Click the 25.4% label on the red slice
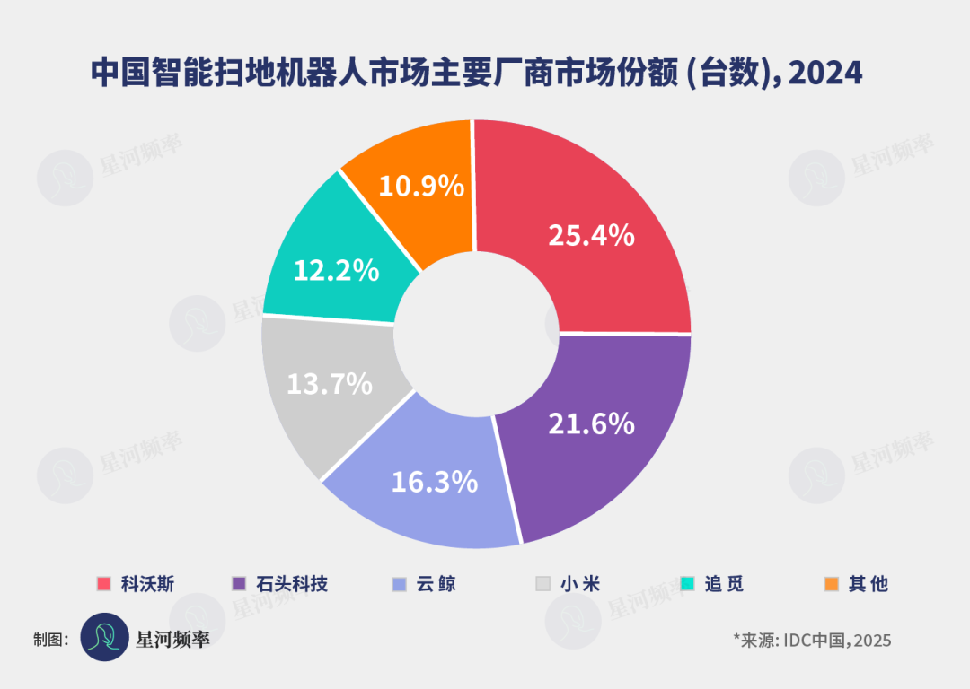591,236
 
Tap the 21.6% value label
591,423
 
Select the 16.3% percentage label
434,482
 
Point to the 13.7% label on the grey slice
330,384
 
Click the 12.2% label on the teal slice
336,270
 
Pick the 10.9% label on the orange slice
421,187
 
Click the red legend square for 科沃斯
104,584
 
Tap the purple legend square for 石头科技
239,584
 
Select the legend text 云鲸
436,584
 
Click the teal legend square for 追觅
688,584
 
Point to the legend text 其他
868,584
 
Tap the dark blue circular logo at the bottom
105,637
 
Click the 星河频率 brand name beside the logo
172,639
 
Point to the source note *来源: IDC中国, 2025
812,640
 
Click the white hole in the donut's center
476,331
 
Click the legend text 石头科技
292,584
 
